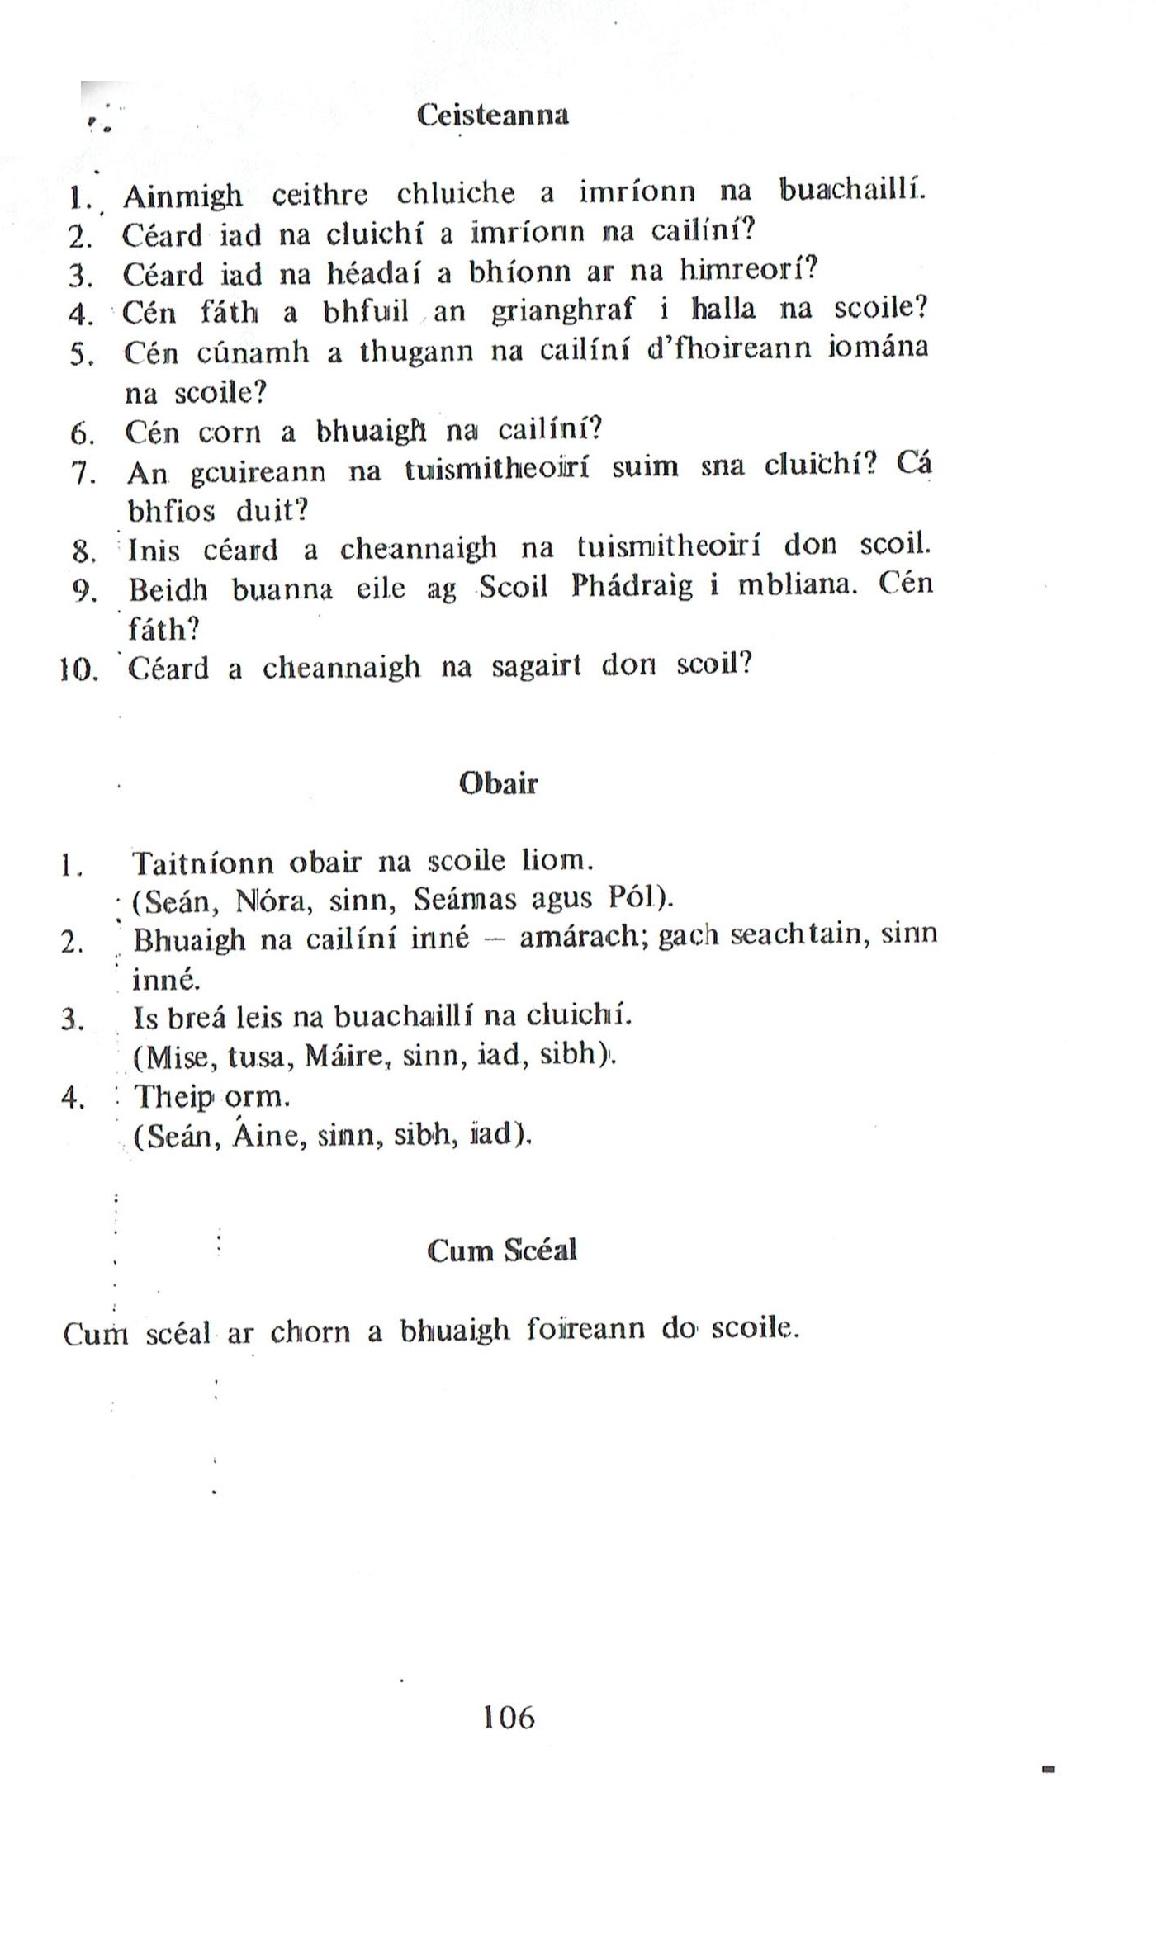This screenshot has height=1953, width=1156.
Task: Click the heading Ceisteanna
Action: coord(493,115)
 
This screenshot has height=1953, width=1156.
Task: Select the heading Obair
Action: coord(498,783)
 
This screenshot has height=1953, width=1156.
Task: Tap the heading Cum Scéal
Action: coord(502,1251)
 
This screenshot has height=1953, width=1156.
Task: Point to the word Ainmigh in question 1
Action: coord(182,196)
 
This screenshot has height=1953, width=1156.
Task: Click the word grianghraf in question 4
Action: coord(563,310)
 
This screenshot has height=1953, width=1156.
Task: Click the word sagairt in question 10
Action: coord(538,666)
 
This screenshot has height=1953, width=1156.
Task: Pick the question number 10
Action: coord(80,669)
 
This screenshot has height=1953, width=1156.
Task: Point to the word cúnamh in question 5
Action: coord(253,353)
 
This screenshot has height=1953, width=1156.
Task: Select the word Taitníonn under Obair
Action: coord(203,863)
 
